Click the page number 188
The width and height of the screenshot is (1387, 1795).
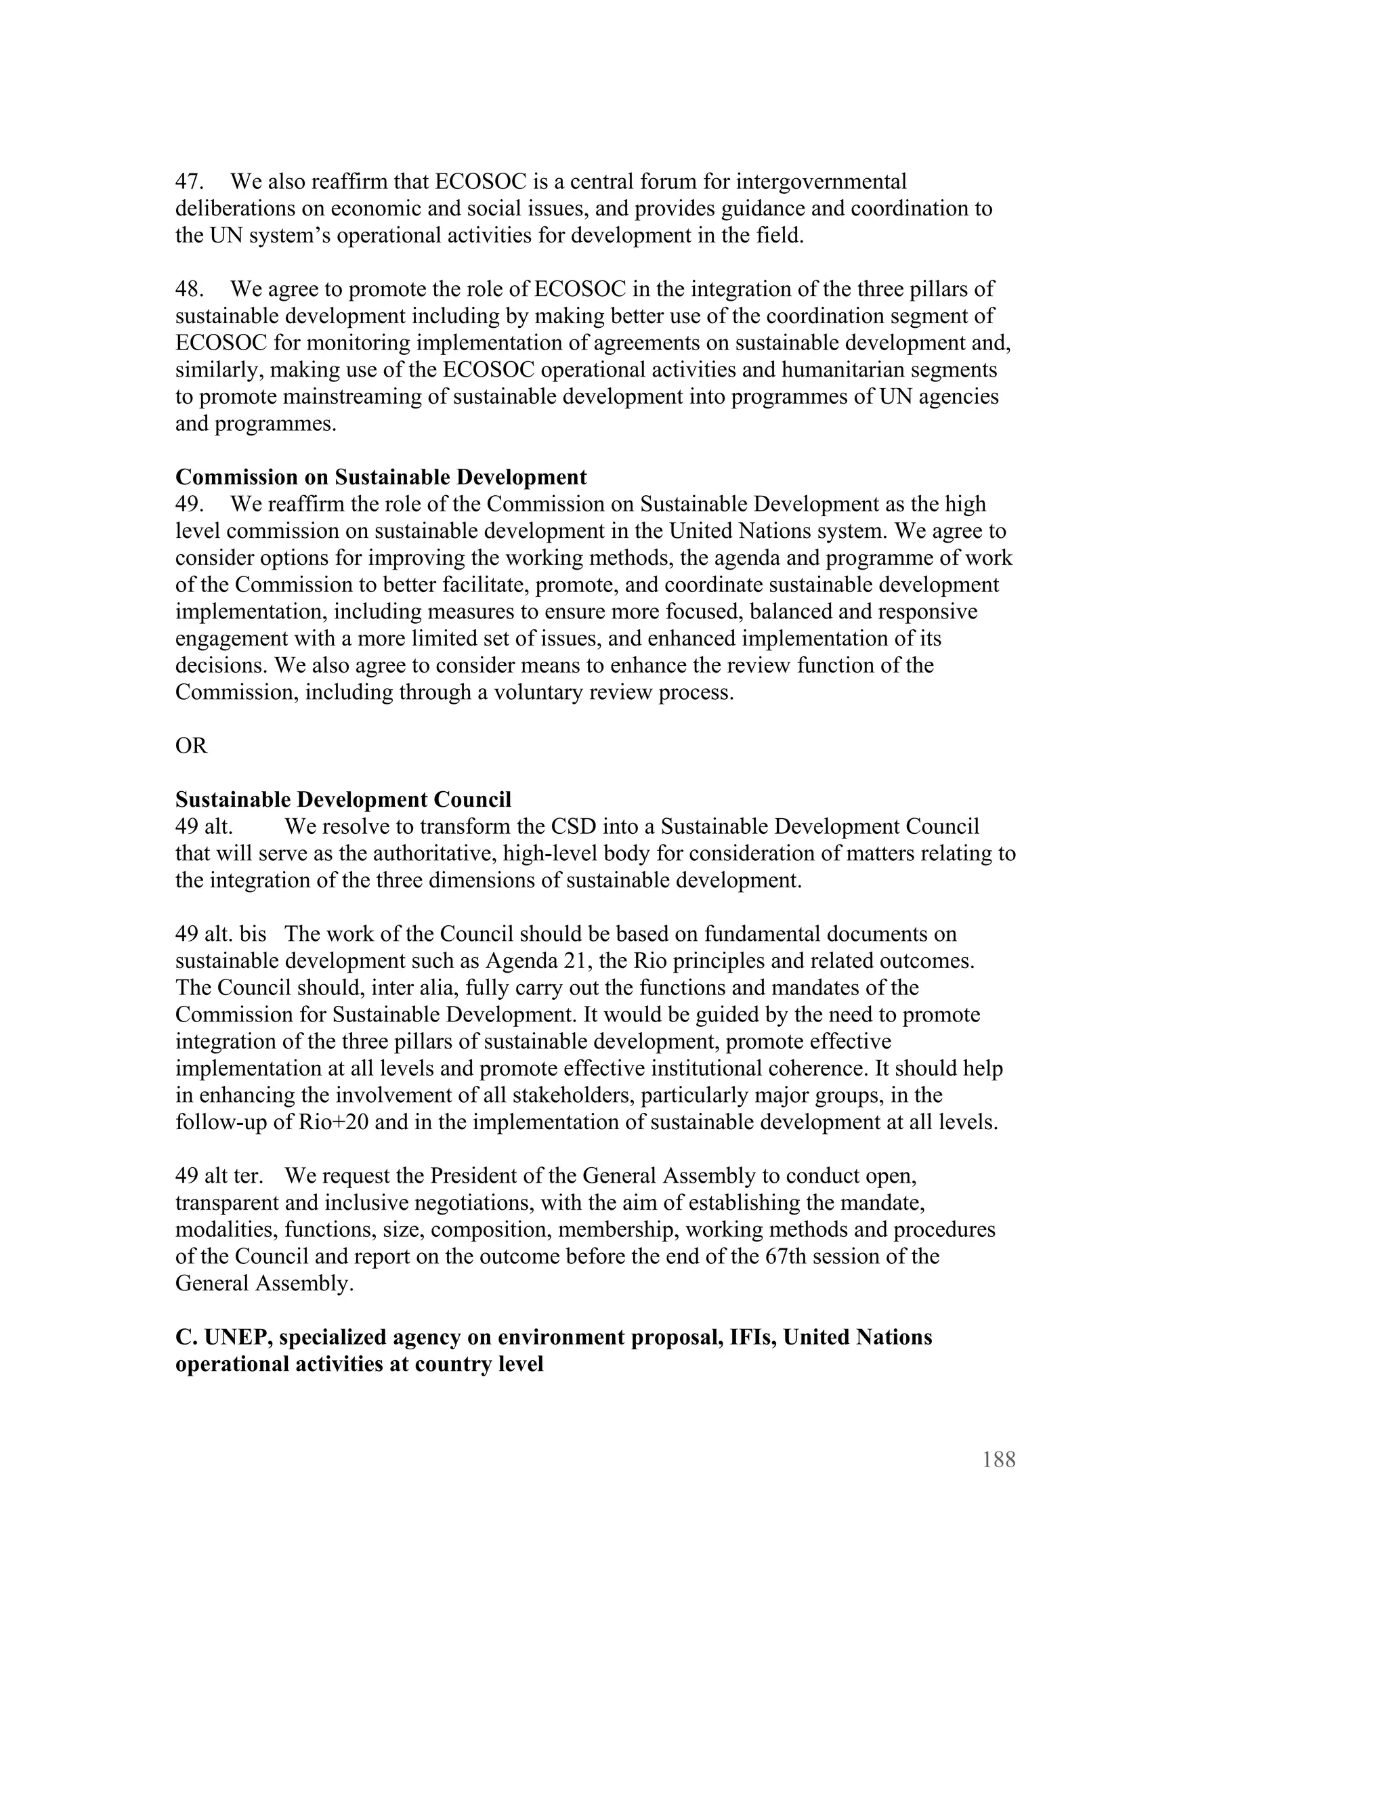(998, 1460)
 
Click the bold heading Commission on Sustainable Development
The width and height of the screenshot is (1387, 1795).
(381, 478)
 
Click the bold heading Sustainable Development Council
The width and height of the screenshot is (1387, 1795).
(343, 800)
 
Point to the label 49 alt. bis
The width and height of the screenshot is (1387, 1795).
(220, 935)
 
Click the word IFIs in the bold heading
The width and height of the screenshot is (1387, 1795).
(751, 1337)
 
